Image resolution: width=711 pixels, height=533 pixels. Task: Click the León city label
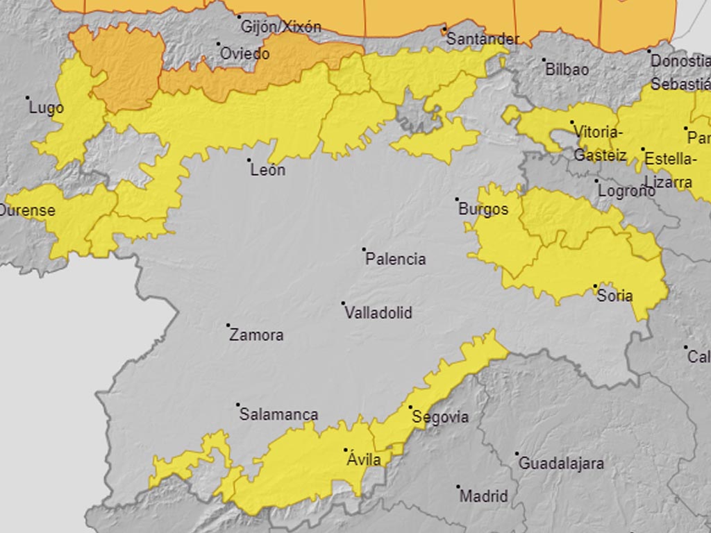click(267, 170)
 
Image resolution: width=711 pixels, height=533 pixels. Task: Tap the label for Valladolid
click(378, 313)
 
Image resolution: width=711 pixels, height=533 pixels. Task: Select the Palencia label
click(395, 259)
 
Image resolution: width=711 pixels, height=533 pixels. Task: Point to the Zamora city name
click(256, 335)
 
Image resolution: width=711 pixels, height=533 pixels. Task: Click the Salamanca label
click(278, 415)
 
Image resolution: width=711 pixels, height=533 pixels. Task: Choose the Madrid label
click(484, 497)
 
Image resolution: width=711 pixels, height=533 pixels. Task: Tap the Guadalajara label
click(561, 464)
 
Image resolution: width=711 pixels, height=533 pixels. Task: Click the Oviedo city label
click(244, 53)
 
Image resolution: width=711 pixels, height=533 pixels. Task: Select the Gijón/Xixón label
click(281, 27)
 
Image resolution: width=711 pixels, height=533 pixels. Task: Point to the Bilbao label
click(567, 69)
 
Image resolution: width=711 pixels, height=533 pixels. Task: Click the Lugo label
click(46, 108)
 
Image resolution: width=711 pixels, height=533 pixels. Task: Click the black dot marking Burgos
click(458, 199)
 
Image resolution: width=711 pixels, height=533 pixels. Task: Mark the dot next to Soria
click(595, 286)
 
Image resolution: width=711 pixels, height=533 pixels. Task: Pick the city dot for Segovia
click(410, 407)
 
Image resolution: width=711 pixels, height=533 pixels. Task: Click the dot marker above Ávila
click(346, 450)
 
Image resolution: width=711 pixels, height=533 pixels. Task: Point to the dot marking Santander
click(444, 29)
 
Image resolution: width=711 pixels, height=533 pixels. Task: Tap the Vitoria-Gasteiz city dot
click(572, 123)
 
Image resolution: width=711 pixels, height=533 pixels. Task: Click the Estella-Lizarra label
click(670, 170)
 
